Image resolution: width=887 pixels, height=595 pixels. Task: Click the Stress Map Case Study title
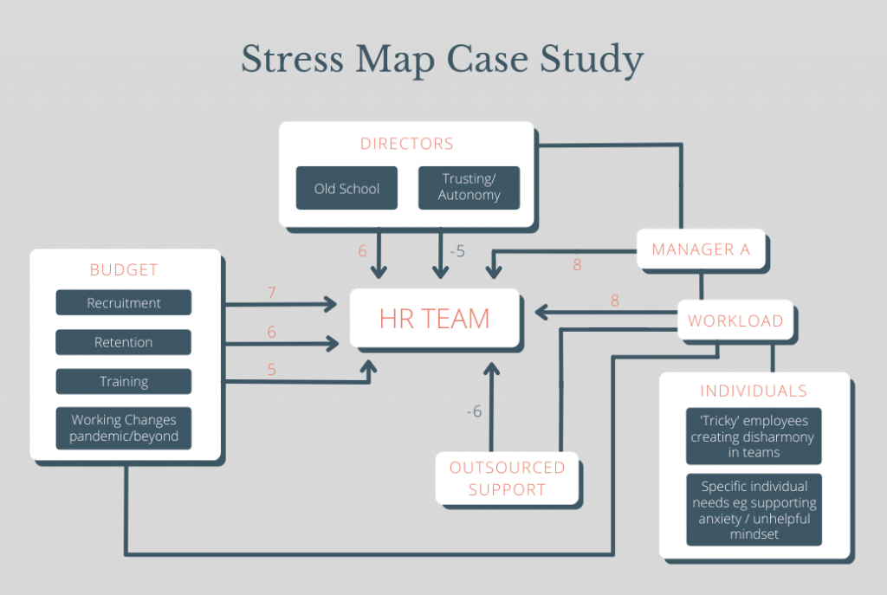pos(443,61)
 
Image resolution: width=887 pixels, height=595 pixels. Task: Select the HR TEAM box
pos(434,318)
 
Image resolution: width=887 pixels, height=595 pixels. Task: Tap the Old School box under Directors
pos(346,188)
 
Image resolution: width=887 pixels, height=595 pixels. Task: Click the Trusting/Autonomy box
pos(469,188)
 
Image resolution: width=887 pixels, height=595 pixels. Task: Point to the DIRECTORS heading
pos(406,144)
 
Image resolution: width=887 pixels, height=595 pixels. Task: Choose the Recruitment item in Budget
pos(124,303)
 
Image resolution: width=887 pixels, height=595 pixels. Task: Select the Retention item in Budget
pos(124,342)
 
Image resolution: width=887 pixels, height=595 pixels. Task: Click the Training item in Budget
pos(124,381)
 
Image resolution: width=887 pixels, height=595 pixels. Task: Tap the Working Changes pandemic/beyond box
pos(124,428)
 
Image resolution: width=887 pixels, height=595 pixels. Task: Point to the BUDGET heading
pos(124,270)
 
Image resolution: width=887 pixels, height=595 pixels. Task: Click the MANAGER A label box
pos(701,249)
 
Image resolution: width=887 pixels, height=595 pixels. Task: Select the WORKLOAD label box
pos(735,320)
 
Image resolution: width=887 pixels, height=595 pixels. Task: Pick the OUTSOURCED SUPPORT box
pos(507,478)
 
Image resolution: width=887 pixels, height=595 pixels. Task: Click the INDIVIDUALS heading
pos(753,391)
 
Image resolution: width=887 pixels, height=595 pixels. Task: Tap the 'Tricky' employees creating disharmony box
pos(753,437)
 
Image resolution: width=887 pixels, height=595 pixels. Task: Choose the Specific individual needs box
pos(753,510)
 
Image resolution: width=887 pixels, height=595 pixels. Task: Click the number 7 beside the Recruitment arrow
pos(271,293)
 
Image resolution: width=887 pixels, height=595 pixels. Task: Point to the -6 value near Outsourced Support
pos(474,411)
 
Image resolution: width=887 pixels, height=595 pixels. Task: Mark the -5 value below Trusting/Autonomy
pos(457,251)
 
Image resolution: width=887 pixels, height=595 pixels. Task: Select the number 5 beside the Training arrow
pos(271,370)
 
